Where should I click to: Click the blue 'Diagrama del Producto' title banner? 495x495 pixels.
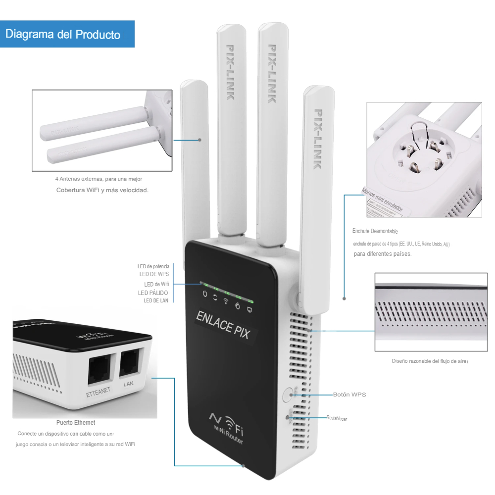point(67,34)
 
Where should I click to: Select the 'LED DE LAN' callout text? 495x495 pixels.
point(156,300)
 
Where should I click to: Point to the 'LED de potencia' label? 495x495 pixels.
point(153,267)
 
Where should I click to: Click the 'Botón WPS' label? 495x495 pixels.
point(349,395)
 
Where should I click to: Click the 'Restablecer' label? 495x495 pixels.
point(337,419)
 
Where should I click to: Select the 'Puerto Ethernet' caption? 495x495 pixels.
point(76,423)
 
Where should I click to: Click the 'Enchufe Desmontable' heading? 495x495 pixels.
point(375,231)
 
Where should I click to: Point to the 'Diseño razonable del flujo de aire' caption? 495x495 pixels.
point(429,361)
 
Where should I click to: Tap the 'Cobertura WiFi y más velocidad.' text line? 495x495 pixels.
point(102,190)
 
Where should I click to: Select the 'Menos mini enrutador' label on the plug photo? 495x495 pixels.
point(382,199)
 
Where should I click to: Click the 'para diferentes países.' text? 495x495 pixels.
point(382,254)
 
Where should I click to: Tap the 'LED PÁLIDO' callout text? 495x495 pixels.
point(153,293)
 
